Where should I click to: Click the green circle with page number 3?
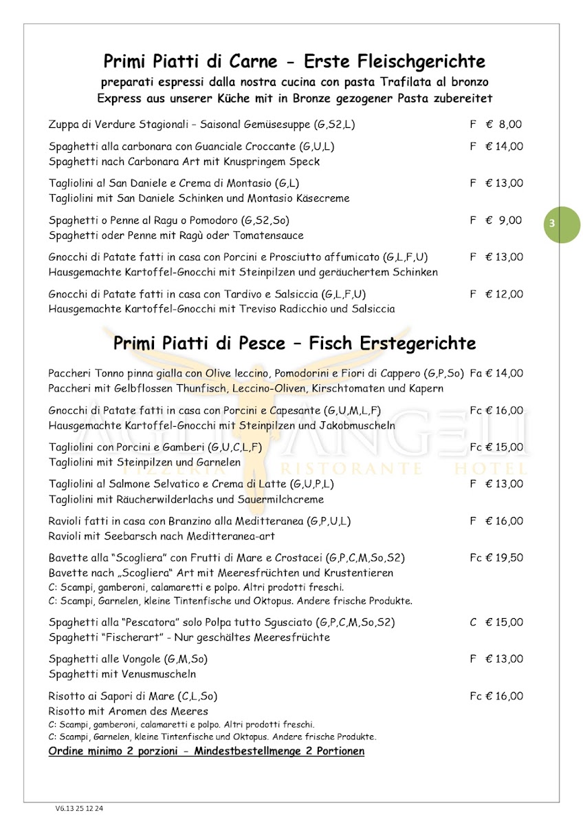[x=562, y=225]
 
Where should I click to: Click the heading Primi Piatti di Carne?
[x=188, y=61]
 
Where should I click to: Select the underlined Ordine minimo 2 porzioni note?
[x=206, y=750]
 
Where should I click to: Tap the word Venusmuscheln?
[x=155, y=674]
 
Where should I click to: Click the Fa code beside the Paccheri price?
[x=476, y=373]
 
